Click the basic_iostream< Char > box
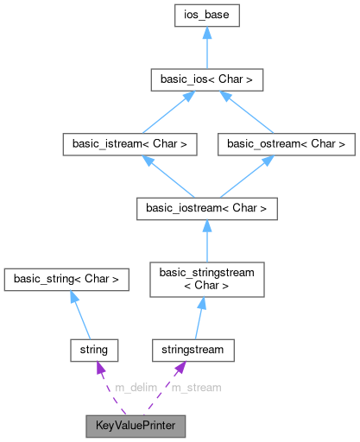coord(206,208)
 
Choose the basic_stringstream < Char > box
coord(206,278)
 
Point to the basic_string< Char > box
coord(66,279)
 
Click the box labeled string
coord(93,350)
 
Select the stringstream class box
coord(193,350)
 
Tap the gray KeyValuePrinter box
coord(135,426)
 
